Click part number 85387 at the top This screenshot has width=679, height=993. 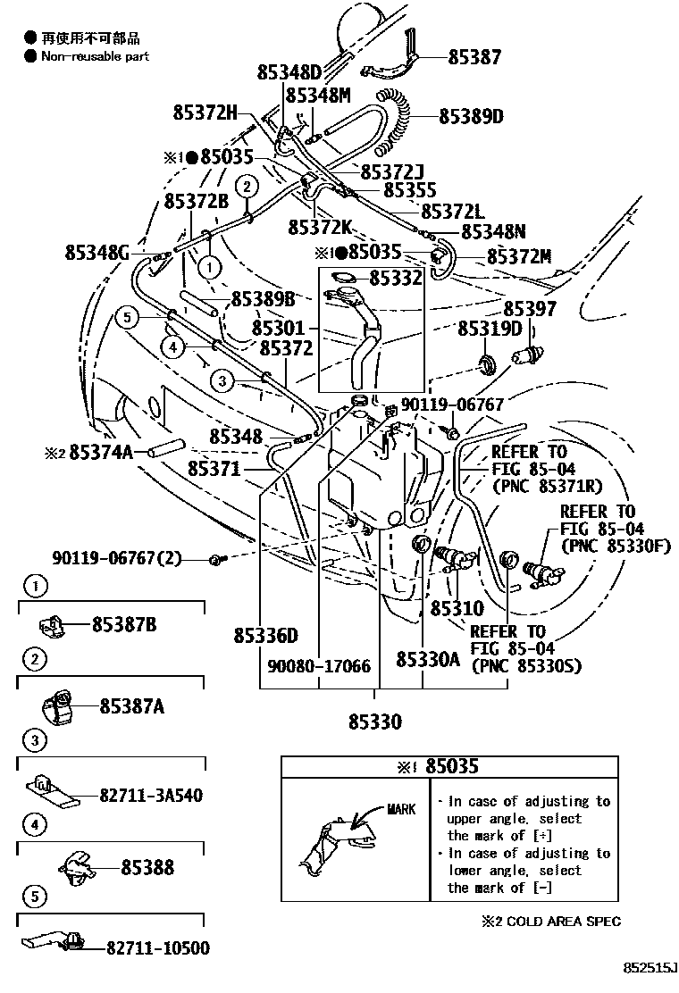pos(474,57)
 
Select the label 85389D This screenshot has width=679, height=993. pos(471,116)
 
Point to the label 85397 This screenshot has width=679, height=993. pos(529,309)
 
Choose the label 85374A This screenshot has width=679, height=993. pos(101,453)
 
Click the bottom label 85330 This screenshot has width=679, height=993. pos(374,721)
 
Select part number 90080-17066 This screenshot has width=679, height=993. pos(319,666)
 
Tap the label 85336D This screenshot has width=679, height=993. pos(265,636)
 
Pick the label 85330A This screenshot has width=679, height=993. pos(428,659)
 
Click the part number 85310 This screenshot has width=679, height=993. pos(457,609)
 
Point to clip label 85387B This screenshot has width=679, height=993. pos(124,624)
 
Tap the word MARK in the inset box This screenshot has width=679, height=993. pos(401,810)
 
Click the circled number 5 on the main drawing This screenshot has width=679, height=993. pos(127,317)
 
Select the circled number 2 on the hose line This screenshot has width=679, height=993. pos(247,185)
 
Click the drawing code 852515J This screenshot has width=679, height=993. pos(651,968)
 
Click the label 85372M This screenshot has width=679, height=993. pos(518,257)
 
